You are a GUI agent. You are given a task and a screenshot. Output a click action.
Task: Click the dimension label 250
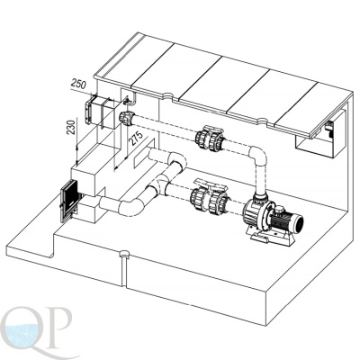78,84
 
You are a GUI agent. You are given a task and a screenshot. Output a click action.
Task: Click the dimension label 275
133,138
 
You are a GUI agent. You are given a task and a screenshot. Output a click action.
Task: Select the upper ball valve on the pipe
210,138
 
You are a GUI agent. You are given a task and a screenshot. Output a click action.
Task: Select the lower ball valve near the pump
209,198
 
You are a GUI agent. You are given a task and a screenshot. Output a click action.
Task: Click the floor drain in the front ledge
124,254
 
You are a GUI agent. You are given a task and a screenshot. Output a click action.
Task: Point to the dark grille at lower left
68,201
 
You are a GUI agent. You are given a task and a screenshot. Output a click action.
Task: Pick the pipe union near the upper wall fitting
127,118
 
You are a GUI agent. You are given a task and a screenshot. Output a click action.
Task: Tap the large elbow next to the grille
132,207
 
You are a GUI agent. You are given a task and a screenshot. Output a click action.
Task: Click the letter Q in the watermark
22,330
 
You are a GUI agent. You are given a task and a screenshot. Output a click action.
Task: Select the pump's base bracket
269,238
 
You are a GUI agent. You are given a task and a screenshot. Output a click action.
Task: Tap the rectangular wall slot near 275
144,153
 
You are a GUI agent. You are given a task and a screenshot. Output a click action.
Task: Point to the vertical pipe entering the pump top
260,180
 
